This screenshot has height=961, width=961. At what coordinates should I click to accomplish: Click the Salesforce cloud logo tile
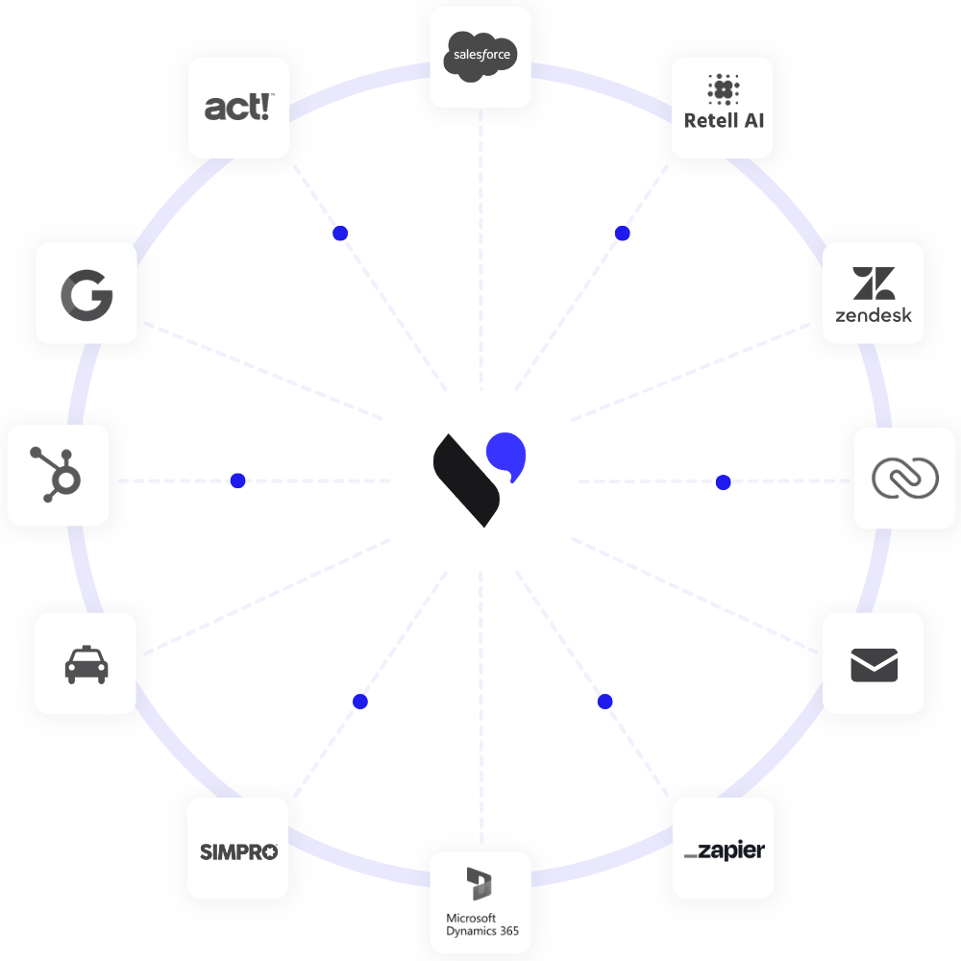480,56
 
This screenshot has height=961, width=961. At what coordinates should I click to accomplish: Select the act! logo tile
238,107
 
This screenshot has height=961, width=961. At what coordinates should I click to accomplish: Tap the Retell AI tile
723,107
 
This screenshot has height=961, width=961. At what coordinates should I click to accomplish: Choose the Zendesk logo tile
873,292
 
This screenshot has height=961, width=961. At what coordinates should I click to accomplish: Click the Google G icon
86,294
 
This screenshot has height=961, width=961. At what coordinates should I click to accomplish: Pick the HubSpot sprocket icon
58,475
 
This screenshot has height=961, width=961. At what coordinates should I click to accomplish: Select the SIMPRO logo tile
238,850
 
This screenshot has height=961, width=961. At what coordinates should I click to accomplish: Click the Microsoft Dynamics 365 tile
480,901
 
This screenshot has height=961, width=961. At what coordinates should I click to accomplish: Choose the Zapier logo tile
723,850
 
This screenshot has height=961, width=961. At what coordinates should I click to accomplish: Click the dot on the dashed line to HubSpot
237,480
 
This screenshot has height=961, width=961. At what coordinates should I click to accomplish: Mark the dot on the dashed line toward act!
339,234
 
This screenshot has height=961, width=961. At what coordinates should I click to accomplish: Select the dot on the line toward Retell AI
622,234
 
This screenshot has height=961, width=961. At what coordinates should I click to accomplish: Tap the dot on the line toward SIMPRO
360,702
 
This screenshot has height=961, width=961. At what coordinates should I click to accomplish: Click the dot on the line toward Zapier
604,702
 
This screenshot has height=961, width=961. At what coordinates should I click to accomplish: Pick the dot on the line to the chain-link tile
724,480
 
